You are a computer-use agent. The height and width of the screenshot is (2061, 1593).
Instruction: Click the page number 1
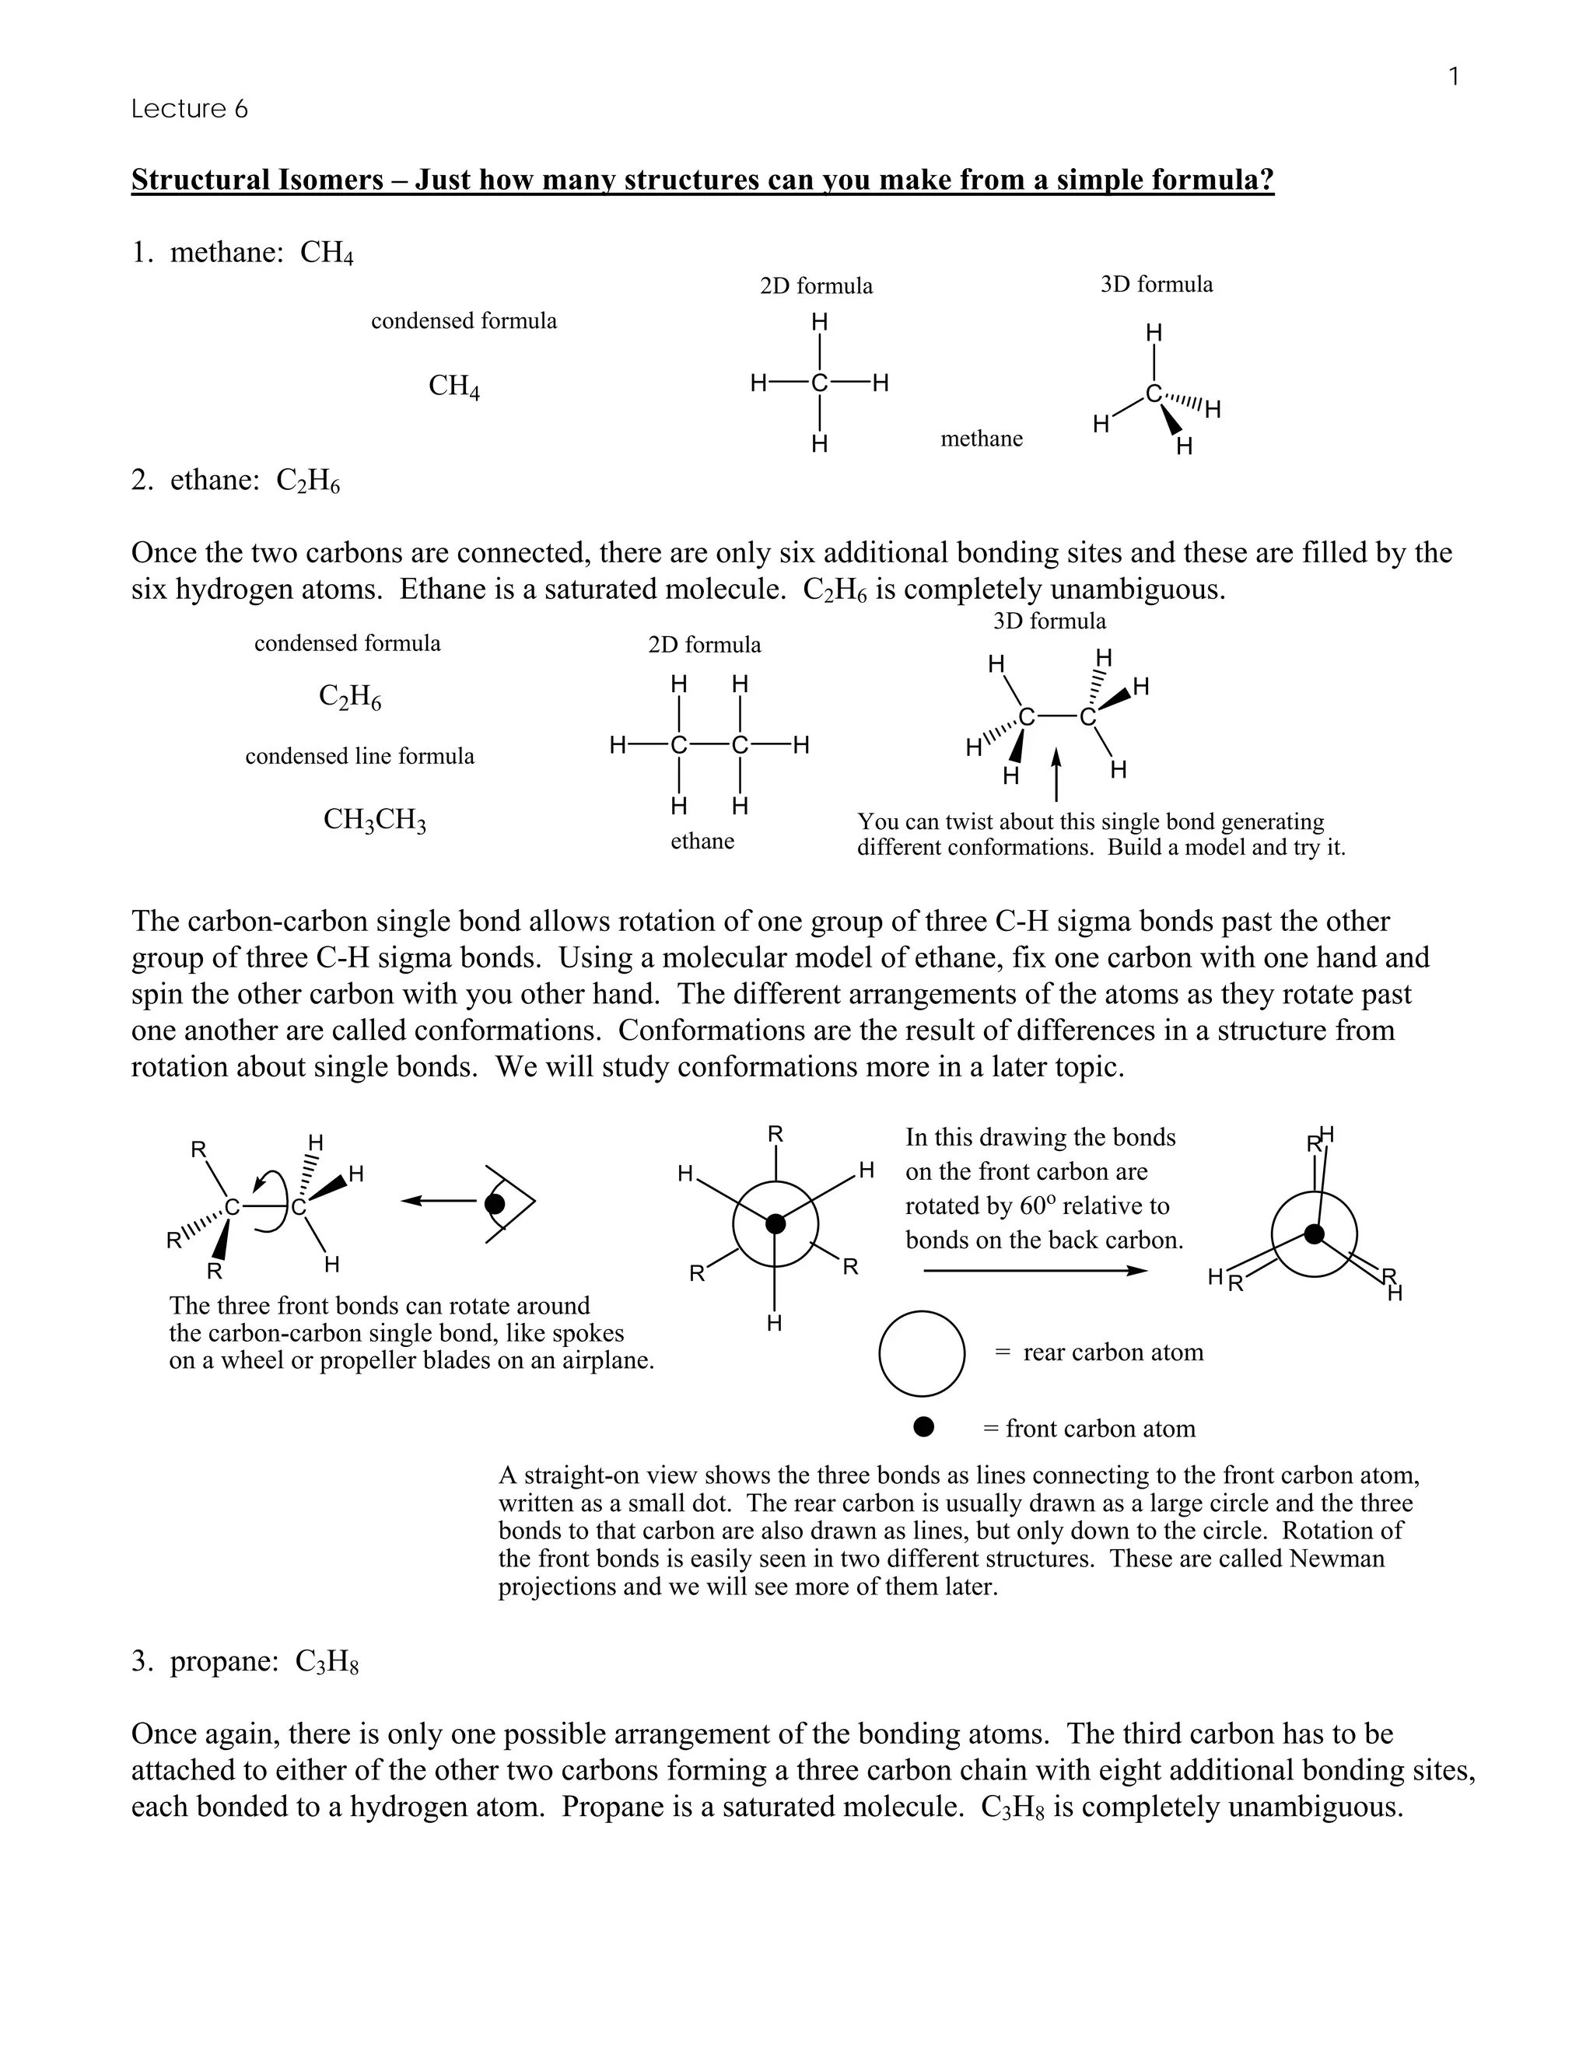pyautogui.click(x=1453, y=76)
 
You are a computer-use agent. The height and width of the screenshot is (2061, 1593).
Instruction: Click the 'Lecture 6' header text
pyautogui.click(x=189, y=110)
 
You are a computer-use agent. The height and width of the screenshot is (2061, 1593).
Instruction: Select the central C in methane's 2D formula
pyautogui.click(x=819, y=383)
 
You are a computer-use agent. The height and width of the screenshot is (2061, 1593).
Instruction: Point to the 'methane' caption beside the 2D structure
pyautogui.click(x=982, y=439)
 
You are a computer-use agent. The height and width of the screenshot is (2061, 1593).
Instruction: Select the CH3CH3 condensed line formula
pyautogui.click(x=375, y=820)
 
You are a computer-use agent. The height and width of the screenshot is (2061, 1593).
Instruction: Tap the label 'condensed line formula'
pyautogui.click(x=359, y=757)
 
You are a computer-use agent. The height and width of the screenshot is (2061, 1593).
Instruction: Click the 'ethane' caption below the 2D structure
pyautogui.click(x=702, y=842)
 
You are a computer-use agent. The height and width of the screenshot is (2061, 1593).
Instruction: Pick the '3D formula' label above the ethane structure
pyautogui.click(x=1049, y=621)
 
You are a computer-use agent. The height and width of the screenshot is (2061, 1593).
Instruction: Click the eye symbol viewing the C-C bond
pyautogui.click(x=500, y=1203)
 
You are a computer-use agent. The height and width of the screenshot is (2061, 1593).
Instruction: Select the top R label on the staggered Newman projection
pyautogui.click(x=775, y=1134)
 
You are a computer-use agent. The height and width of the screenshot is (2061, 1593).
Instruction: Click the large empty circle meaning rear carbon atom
pyautogui.click(x=921, y=1353)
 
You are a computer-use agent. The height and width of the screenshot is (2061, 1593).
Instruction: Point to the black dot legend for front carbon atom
pyautogui.click(x=923, y=1427)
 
